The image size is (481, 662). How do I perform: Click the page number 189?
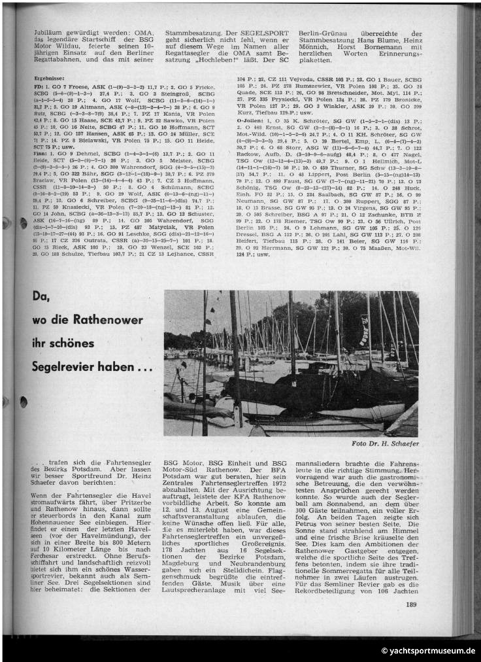pyautogui.click(x=410, y=604)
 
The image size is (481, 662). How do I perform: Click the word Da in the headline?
pyautogui.click(x=41, y=296)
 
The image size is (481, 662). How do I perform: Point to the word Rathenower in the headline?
pyautogui.click(x=107, y=321)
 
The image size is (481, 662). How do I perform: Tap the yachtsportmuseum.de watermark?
pyautogui.click(x=429, y=651)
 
